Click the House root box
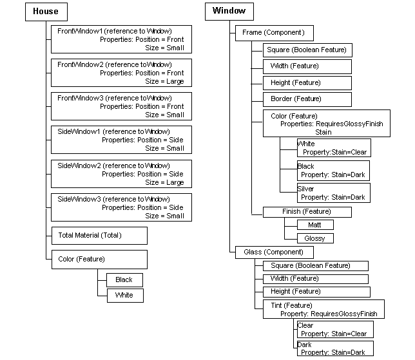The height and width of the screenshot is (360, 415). [x=46, y=12]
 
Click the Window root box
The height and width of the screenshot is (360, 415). [x=229, y=12]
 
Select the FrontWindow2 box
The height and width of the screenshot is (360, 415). [x=121, y=73]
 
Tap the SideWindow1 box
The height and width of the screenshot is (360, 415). [x=121, y=140]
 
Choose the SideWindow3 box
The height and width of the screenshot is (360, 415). [x=121, y=207]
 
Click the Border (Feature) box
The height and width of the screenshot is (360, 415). [x=307, y=99]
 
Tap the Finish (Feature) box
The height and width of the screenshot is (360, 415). [x=307, y=212]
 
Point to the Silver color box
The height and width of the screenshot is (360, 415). [x=333, y=193]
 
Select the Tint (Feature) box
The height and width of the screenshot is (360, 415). [x=323, y=309]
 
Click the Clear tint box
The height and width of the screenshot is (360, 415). [x=334, y=330]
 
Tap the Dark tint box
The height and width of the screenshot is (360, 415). [x=334, y=348]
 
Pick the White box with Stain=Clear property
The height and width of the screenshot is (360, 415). [x=333, y=148]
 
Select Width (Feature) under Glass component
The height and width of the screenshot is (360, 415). [x=315, y=279]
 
